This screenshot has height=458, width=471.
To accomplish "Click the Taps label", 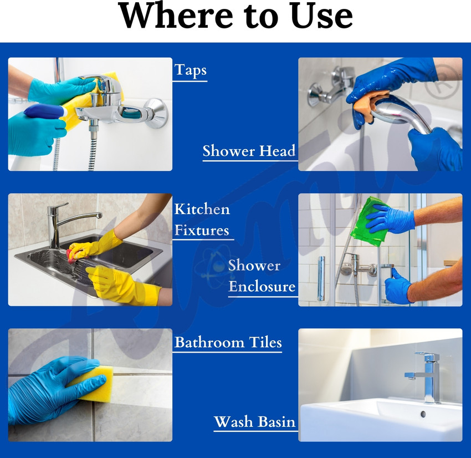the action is pos(190,70).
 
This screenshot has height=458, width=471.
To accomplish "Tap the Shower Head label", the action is pos(249,151).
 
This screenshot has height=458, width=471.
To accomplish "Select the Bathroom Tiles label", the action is pos(228,342).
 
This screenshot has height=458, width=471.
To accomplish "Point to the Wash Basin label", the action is pos(255,421).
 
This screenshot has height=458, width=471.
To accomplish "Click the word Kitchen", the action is pos(202,209).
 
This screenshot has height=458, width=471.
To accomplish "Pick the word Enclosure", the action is pos(262,287).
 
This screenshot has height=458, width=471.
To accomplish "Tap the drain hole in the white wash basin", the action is pos(423,414).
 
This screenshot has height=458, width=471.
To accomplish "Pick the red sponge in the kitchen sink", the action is pos(72,256).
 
